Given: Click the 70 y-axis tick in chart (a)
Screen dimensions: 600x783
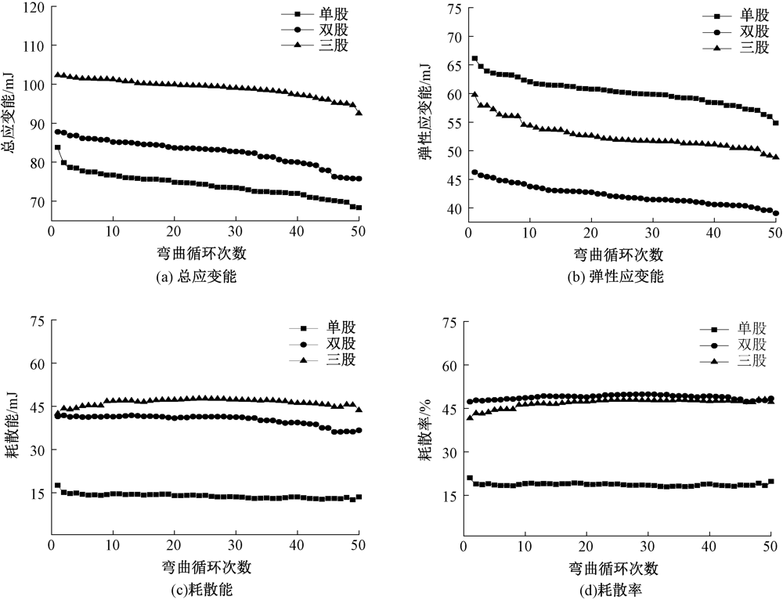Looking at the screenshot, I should [x=37, y=201].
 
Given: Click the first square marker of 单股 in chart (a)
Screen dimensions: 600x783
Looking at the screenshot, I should [x=57, y=147].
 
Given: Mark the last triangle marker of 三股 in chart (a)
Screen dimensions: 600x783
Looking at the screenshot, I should [x=359, y=113].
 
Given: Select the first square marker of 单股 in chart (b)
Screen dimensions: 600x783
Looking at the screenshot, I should [x=474, y=59].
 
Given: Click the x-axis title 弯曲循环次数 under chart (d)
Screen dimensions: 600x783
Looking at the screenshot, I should [x=618, y=566].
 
